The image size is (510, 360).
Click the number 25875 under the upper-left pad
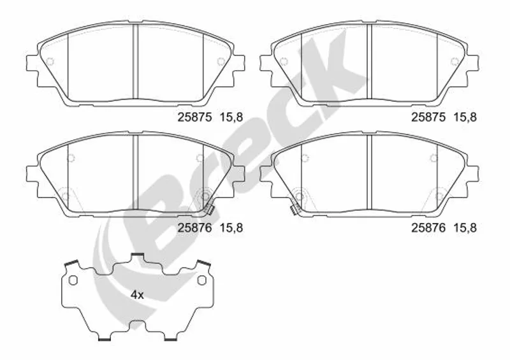[194, 117]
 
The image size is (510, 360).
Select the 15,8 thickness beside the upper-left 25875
[231, 117]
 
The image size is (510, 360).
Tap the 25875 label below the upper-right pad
[428, 117]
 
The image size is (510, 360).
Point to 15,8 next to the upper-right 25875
[465, 117]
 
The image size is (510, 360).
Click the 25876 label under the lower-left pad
[194, 228]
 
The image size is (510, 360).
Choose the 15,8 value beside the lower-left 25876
[231, 228]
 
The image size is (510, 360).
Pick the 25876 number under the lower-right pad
[428, 228]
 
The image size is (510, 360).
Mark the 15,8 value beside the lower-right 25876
[465, 228]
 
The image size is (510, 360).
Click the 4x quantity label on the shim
[137, 295]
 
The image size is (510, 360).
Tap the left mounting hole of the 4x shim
[73, 280]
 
